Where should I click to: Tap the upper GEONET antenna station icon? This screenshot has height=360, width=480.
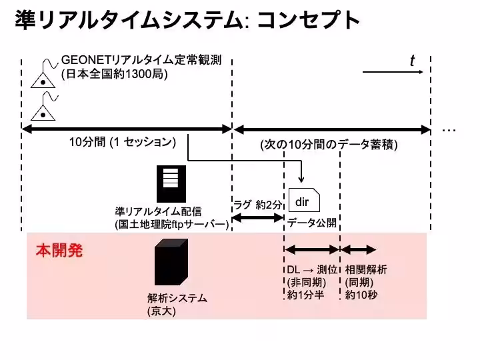(x=43, y=75)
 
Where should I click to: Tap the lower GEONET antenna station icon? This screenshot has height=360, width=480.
(x=43, y=107)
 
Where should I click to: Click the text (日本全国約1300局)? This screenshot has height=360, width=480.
(x=114, y=75)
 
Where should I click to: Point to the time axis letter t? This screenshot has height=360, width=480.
(x=412, y=61)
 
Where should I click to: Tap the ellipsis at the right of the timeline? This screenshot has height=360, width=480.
(x=449, y=129)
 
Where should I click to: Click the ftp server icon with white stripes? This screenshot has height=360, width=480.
(x=171, y=183)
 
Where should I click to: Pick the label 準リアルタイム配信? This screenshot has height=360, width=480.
(x=158, y=211)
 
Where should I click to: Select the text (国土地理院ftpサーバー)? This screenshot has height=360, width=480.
(x=172, y=225)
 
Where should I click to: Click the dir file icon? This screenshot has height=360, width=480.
(x=303, y=200)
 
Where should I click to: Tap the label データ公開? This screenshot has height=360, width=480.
(x=311, y=222)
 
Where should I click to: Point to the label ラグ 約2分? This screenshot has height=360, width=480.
(x=257, y=205)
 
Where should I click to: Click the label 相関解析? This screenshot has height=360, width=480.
(x=366, y=270)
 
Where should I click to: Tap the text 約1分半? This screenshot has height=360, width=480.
(x=305, y=295)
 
